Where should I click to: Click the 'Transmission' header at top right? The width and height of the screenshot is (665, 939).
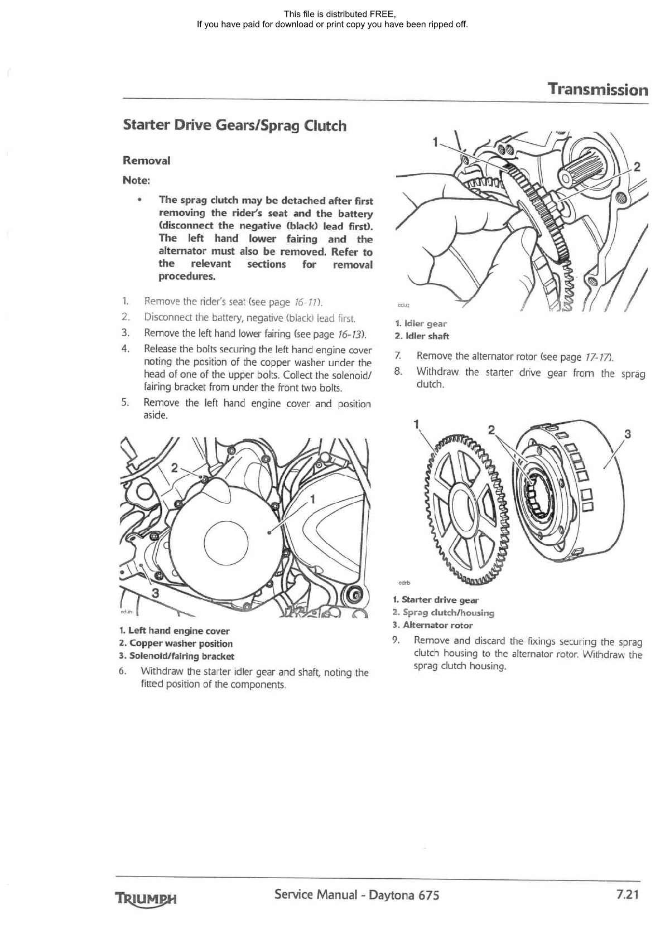click(597, 90)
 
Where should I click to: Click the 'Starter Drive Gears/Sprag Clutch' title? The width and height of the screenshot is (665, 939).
click(234, 125)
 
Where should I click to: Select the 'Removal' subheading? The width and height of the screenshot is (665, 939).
click(146, 161)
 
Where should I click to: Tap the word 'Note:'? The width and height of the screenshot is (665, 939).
click(136, 180)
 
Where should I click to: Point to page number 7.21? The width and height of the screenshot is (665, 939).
click(627, 894)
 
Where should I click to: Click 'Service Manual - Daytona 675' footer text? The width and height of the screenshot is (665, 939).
click(356, 895)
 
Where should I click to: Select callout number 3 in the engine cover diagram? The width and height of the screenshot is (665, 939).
click(155, 593)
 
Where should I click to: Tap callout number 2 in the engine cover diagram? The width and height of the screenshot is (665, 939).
click(174, 467)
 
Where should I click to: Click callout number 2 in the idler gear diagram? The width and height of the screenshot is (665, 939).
click(637, 167)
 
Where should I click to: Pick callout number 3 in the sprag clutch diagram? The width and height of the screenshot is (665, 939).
click(627, 434)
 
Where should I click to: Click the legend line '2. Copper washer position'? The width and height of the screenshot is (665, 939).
click(176, 643)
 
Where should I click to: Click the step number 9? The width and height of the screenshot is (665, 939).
click(396, 641)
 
